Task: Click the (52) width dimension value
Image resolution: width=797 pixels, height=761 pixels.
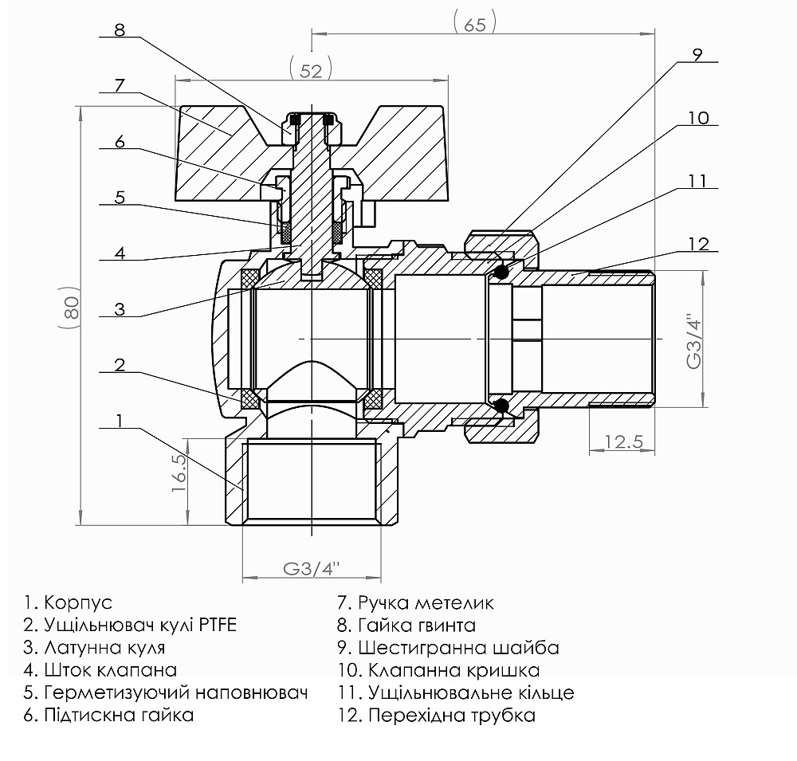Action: (x=312, y=70)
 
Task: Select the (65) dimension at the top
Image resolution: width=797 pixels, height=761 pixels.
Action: (x=474, y=23)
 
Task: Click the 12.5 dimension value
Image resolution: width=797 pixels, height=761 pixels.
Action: (x=622, y=441)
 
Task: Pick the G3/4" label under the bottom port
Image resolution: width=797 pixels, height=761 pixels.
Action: (x=312, y=569)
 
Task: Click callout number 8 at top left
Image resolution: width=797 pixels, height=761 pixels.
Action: (x=120, y=30)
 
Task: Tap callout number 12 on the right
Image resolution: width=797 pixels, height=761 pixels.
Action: (x=698, y=244)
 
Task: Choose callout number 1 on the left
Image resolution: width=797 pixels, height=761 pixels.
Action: (x=120, y=420)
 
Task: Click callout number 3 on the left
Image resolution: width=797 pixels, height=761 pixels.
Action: (x=120, y=309)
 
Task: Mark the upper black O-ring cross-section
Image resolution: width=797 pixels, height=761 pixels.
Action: (x=501, y=273)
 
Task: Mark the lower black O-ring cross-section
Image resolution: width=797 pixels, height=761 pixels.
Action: (x=501, y=407)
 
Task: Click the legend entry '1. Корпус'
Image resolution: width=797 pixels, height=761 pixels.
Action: (x=69, y=602)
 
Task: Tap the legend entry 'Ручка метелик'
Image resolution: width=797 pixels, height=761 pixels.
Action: (x=426, y=602)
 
